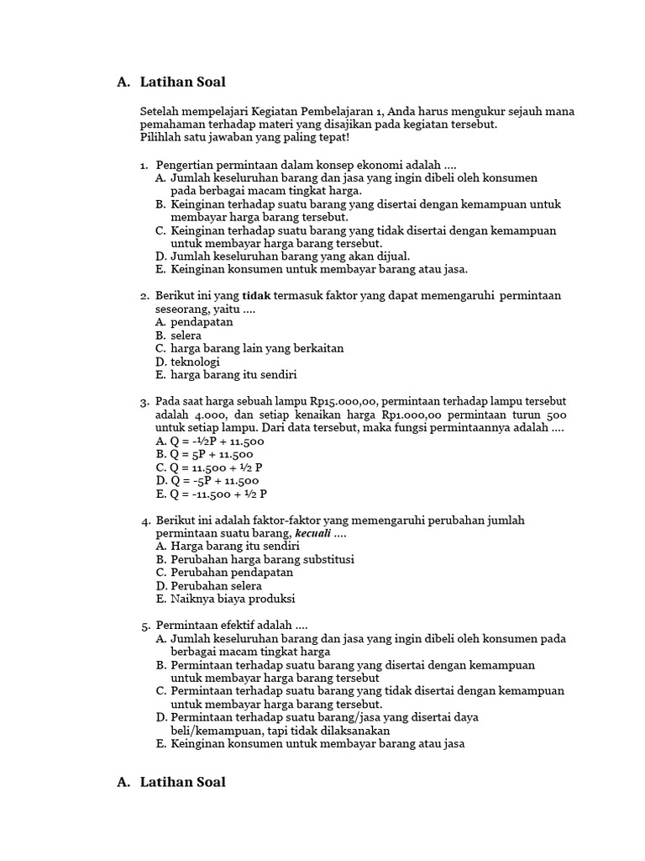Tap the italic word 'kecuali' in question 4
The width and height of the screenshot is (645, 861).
click(x=312, y=534)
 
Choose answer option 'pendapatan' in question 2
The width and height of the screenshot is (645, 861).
click(x=202, y=322)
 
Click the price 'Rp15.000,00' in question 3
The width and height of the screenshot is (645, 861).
click(x=343, y=402)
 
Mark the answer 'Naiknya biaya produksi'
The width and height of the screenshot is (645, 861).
click(x=233, y=600)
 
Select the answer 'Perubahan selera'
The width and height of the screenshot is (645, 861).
click(x=216, y=586)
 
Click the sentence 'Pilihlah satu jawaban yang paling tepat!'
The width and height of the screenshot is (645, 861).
click(x=245, y=137)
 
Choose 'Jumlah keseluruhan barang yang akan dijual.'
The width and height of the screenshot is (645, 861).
click(x=290, y=256)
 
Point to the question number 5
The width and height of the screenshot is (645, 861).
click(x=145, y=626)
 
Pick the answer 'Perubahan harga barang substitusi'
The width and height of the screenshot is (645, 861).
click(x=262, y=559)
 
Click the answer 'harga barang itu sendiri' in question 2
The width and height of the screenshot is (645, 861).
click(x=233, y=375)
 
